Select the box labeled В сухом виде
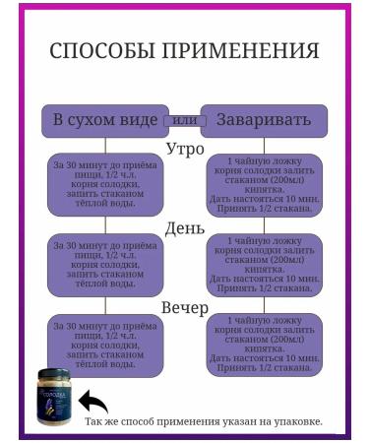click(104, 120)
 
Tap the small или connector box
click(183, 120)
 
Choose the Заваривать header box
click(263, 120)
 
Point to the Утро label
click(184, 149)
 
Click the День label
click(184, 228)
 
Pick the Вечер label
click(184, 307)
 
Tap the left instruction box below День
click(104, 264)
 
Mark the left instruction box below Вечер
click(104, 344)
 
